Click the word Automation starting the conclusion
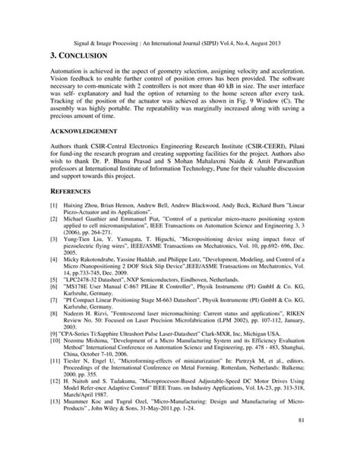[68, 76]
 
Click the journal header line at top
[179, 41]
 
